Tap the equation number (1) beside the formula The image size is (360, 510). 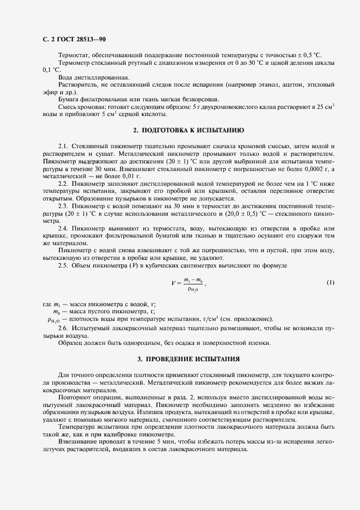[x=330, y=283]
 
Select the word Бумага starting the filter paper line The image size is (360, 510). [x=69, y=99]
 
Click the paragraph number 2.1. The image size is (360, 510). [x=64, y=147]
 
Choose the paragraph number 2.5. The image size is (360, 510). [x=64, y=265]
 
